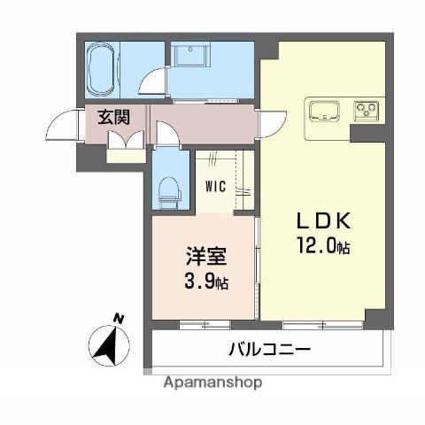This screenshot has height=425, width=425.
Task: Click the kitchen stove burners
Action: coord(367,112)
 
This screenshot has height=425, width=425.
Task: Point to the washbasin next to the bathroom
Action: coord(189,54)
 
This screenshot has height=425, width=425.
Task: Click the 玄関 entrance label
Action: coord(112,116)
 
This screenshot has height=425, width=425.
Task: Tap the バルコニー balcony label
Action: coord(271,349)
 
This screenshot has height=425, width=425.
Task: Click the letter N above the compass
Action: coord(118,320)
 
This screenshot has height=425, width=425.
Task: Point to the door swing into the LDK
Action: coord(271,125)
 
